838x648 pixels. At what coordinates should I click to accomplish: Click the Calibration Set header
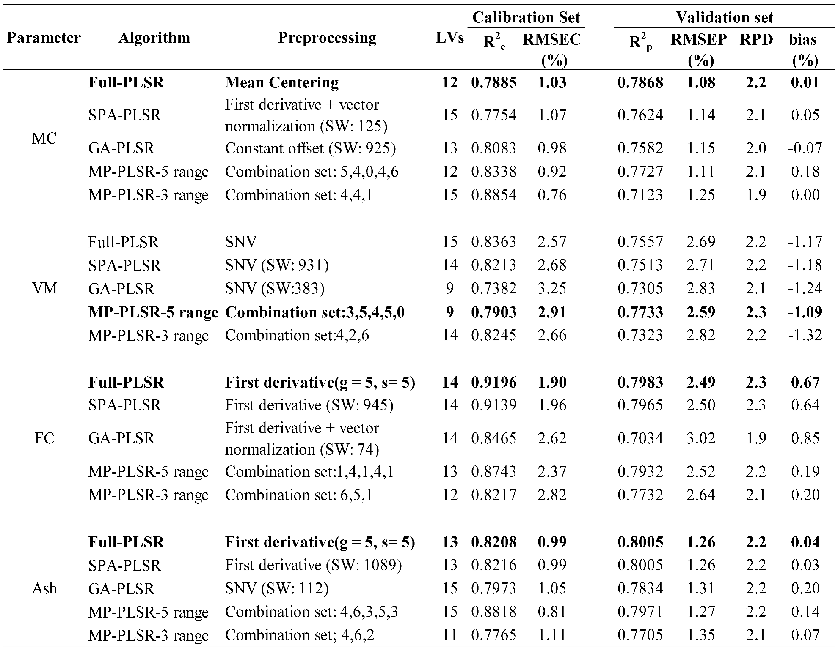click(526, 17)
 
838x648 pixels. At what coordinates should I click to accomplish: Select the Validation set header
click(724, 17)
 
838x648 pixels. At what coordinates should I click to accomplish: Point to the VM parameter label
click(44, 288)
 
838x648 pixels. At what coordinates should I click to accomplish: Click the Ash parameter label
click(44, 588)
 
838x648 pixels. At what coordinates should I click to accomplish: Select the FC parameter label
click(44, 438)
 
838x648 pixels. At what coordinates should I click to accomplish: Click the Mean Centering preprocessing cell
click(282, 82)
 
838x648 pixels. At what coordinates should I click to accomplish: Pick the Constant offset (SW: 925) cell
click(310, 148)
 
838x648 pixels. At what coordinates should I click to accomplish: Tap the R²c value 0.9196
click(494, 382)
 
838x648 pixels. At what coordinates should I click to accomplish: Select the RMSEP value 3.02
click(701, 438)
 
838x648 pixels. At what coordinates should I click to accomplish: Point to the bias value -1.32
click(805, 335)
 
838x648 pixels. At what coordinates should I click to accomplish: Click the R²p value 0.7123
click(640, 195)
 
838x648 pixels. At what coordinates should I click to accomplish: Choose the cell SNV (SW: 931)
click(277, 265)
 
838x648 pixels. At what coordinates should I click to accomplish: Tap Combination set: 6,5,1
click(298, 495)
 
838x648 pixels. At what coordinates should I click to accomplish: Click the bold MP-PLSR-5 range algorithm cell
click(153, 312)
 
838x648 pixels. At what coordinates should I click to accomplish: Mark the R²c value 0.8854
click(494, 195)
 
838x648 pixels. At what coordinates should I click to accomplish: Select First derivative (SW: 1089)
click(313, 565)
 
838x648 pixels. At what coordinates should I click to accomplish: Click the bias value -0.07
click(805, 148)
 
